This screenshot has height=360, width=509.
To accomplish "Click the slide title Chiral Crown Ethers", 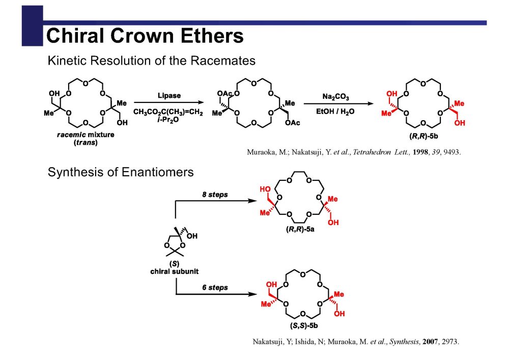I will [145, 36].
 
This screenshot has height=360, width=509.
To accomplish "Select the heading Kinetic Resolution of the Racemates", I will [151, 61].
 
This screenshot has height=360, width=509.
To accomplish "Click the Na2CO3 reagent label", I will [335, 97].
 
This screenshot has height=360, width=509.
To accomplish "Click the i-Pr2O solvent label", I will [168, 120].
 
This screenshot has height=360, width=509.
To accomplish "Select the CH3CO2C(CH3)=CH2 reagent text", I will [168, 112].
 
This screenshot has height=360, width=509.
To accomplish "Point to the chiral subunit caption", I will [174, 271].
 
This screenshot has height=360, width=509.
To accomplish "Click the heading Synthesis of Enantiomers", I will [121, 172].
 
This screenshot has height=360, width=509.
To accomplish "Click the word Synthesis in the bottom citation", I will [405, 342].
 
